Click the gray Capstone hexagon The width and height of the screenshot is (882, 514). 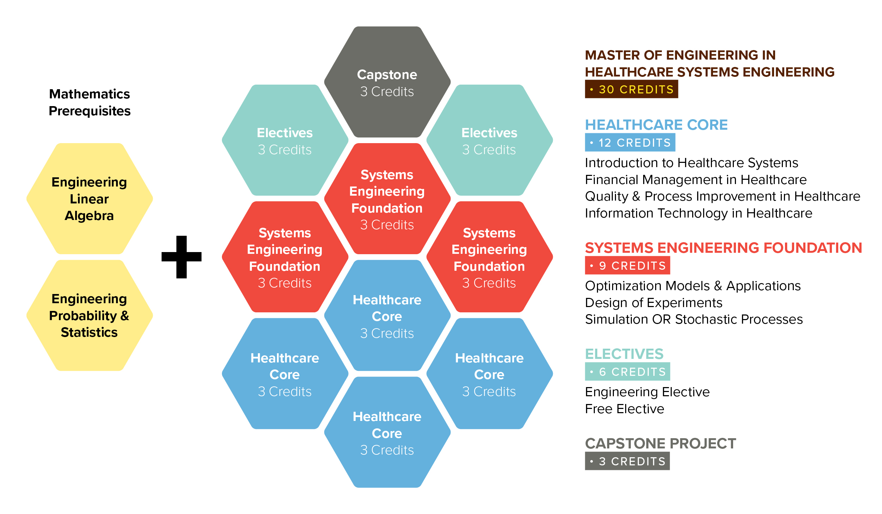pyautogui.click(x=387, y=82)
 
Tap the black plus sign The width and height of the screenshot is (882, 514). pyautogui.click(x=181, y=257)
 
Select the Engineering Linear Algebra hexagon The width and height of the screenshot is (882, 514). pyautogui.click(x=90, y=198)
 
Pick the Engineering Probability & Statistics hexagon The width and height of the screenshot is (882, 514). pyautogui.click(x=90, y=315)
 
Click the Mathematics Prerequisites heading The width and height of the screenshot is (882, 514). pyautogui.click(x=90, y=102)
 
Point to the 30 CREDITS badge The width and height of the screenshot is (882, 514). pyautogui.click(x=631, y=89)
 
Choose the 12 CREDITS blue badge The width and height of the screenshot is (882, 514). pyautogui.click(x=630, y=142)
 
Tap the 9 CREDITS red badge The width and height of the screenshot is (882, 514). pyautogui.click(x=627, y=265)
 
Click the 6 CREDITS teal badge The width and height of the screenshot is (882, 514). pyautogui.click(x=627, y=372)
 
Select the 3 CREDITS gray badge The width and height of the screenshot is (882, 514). pyautogui.click(x=627, y=461)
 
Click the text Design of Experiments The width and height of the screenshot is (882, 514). pyautogui.click(x=653, y=302)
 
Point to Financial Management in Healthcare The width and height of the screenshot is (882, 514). pyautogui.click(x=695, y=179)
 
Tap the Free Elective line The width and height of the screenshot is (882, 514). pyautogui.click(x=624, y=409)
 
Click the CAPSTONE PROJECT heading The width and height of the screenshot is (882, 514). pyautogui.click(x=660, y=443)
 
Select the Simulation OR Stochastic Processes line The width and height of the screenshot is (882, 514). pyautogui.click(x=694, y=319)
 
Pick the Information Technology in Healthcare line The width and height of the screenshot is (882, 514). pyautogui.click(x=699, y=213)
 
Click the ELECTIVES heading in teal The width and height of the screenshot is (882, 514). pyautogui.click(x=624, y=354)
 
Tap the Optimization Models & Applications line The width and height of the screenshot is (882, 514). pyautogui.click(x=693, y=286)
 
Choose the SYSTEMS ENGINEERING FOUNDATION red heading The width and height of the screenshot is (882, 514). pyautogui.click(x=723, y=247)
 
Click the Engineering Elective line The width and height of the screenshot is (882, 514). pyautogui.click(x=647, y=392)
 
